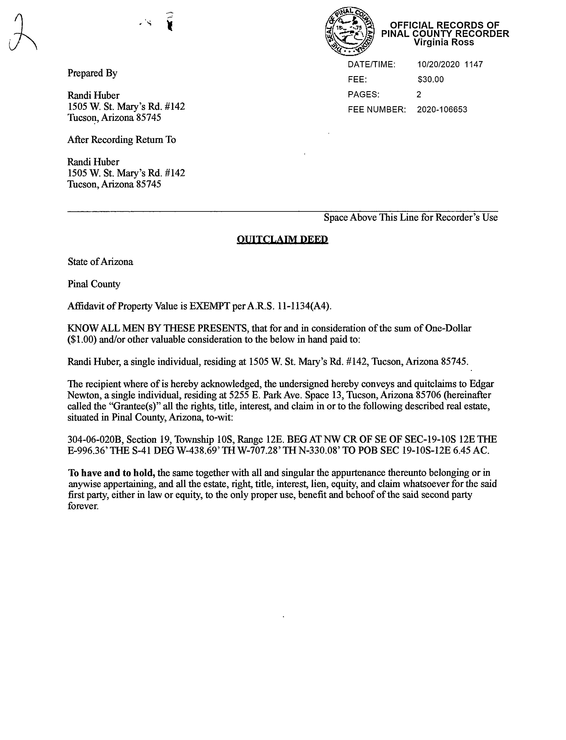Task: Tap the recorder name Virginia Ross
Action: click(x=444, y=42)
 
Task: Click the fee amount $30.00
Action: click(x=430, y=80)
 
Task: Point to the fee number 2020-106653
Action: click(x=442, y=110)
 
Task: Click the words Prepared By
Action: click(x=92, y=73)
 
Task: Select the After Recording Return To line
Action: click(x=122, y=140)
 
